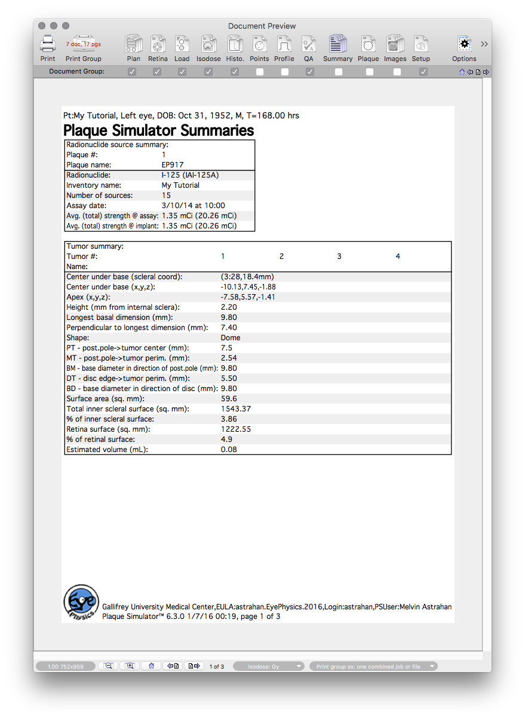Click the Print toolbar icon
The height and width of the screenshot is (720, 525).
pos(48,44)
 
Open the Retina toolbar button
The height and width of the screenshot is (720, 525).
pos(158,44)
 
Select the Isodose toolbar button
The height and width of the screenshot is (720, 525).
pos(208,44)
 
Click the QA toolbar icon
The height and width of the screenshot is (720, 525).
pos(309,44)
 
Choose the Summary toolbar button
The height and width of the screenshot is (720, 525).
pos(337,44)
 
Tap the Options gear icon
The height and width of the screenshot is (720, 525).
pos(464,44)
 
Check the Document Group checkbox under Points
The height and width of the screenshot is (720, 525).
pos(260,72)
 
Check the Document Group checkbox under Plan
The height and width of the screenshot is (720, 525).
pos(132,72)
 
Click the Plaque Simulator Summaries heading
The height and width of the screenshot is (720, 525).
pos(158,130)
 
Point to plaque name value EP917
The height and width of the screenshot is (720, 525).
pos(173,165)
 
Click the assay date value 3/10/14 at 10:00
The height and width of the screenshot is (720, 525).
pos(194,206)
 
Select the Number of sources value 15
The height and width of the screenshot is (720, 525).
pos(166,196)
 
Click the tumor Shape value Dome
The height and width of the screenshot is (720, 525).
pos(231,338)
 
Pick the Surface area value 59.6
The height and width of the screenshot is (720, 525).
pos(229,399)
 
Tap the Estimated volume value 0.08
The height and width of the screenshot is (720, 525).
pos(229,450)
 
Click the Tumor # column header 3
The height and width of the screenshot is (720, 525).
pos(339,257)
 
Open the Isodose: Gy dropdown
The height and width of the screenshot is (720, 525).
pos(269,666)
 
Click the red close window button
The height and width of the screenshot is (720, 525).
pos(42,26)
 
